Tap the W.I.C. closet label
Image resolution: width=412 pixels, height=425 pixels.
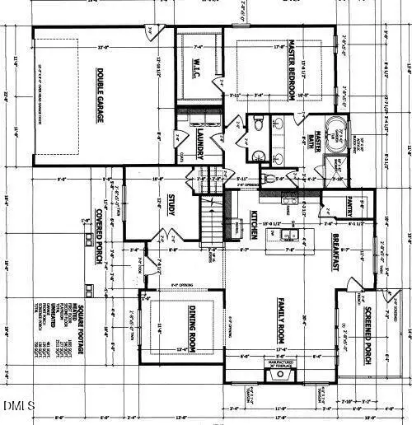198,68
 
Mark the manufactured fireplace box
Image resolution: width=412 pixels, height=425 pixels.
281,374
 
